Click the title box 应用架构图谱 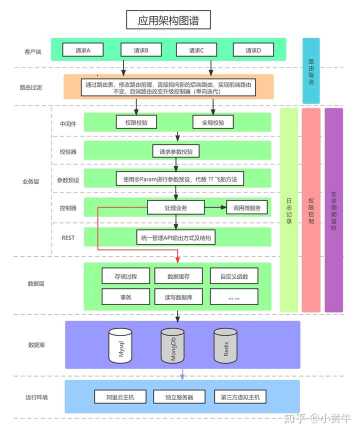point(168,20)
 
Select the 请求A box point(83,50)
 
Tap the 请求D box point(253,50)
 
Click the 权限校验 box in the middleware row point(136,122)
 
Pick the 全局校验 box point(213,122)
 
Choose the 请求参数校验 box point(176,151)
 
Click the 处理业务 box point(176,207)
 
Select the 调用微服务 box point(247,207)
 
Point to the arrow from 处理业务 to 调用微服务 point(215,207)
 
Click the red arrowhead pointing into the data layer point(177,260)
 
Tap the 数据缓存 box point(178,276)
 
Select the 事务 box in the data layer point(126,297)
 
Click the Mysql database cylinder point(120,345)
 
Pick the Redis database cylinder point(225,345)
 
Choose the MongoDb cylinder point(172,345)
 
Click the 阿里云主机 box point(120,397)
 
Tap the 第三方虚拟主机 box point(240,397)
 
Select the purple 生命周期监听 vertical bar point(334,210)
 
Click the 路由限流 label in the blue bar point(311,71)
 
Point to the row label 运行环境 point(36,397)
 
